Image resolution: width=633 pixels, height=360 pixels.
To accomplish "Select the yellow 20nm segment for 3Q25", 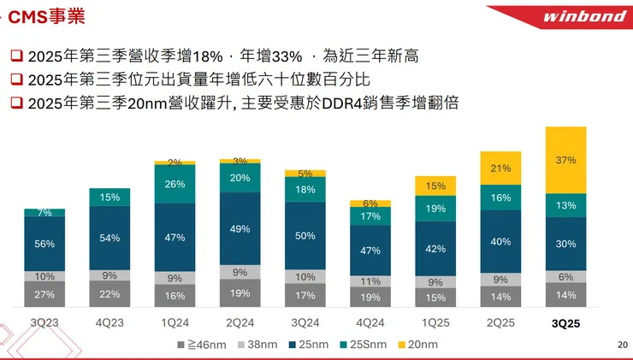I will tap(565, 160).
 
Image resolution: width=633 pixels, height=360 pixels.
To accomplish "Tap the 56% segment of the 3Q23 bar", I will tap(45, 244).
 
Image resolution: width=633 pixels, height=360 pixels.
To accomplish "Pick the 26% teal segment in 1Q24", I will tap(175, 184).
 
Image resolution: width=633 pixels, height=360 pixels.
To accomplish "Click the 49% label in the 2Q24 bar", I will tap(240, 229).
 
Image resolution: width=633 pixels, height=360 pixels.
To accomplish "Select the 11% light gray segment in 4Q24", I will tap(370, 280).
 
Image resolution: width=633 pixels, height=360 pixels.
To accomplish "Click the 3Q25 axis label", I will tap(565, 324).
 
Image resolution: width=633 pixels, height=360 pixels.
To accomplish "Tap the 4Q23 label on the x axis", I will tap(109, 324).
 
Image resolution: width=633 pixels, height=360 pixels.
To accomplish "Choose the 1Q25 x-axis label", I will tap(435, 324).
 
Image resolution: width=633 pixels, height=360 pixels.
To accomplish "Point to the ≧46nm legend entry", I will tap(204, 345).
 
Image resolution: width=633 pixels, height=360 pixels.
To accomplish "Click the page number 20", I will tap(622, 345).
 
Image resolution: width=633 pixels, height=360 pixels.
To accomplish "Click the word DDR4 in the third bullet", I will tap(346, 103).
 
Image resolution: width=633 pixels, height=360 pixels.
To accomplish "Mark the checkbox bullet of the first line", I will tap(16, 56).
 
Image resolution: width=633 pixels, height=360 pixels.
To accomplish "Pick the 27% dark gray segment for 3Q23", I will tap(45, 294).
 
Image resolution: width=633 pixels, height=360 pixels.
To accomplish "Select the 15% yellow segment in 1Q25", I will tap(435, 186).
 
